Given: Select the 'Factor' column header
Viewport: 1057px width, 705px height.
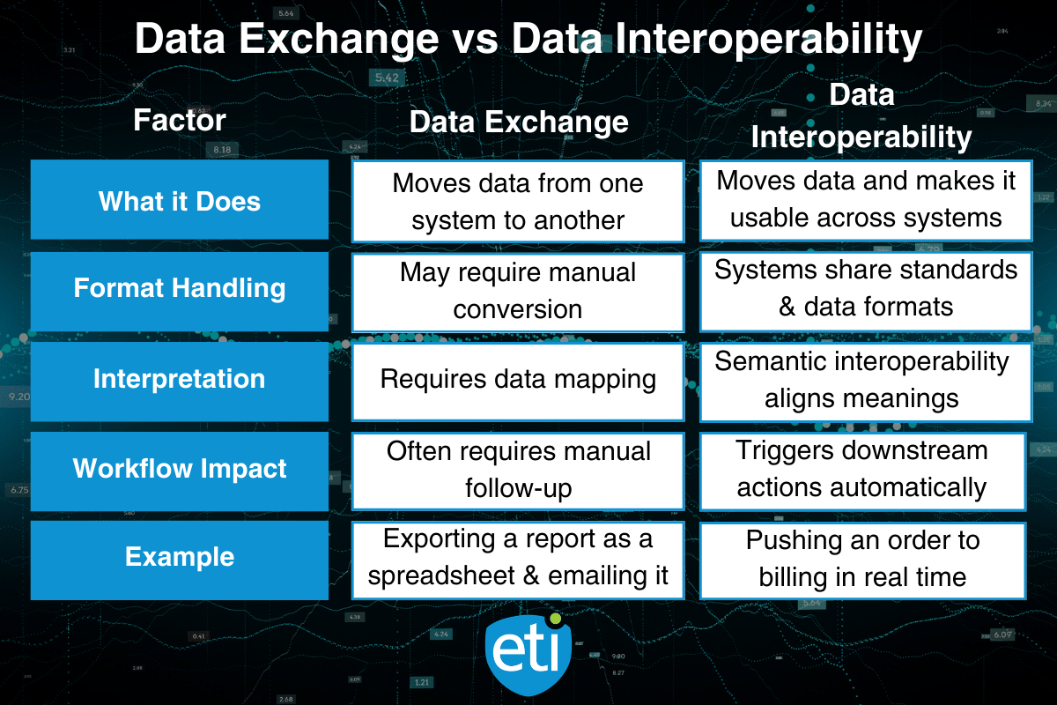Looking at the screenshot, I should [x=180, y=120].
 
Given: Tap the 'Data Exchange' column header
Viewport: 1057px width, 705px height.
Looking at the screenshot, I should [x=519, y=122].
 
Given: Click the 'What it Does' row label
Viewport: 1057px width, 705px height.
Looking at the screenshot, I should [x=180, y=200].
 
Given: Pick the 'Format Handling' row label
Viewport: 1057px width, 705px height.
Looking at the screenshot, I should [x=180, y=288].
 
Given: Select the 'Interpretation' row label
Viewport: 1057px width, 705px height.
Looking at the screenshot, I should [x=180, y=379].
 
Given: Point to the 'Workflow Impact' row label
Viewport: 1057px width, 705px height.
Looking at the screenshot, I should [x=180, y=468].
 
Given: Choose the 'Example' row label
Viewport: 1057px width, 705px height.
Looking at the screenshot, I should [x=180, y=557].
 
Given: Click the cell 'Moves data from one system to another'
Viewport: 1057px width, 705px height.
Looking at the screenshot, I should [x=518, y=201].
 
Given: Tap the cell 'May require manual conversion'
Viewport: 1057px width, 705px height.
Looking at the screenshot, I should [x=518, y=291].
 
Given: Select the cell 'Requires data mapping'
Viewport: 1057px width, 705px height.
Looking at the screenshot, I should [x=518, y=380].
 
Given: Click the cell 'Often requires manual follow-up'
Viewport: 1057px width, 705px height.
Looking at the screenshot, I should [x=518, y=469].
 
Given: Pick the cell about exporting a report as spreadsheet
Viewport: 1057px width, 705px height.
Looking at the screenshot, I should [x=518, y=558].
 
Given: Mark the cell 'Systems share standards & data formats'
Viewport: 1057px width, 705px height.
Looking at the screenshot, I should [x=865, y=287].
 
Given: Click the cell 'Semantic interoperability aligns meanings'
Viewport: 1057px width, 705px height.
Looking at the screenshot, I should [x=865, y=379].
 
